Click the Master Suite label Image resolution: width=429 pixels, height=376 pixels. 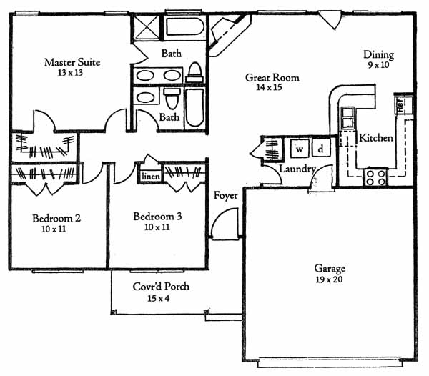[x=72, y=62]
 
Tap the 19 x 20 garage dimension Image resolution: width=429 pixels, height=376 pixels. [x=329, y=279]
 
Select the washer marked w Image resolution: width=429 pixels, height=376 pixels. [x=300, y=149]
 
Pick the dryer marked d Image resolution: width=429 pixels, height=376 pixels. [x=321, y=148]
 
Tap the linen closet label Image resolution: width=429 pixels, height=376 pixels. [x=151, y=177]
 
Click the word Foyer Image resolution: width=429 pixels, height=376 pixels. [x=225, y=196]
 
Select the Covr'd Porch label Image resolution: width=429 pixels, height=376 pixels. [x=161, y=287]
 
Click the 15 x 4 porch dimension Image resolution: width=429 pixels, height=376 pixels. [x=159, y=298]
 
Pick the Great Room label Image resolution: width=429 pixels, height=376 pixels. [x=272, y=78]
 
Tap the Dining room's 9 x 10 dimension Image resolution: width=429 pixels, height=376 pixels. [x=378, y=65]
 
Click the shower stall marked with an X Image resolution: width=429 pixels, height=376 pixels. [x=147, y=28]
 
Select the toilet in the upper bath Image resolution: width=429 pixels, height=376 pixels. [x=194, y=72]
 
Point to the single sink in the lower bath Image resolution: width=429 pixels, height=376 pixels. [x=145, y=97]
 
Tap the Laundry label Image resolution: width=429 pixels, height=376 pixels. [x=297, y=169]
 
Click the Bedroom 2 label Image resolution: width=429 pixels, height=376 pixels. [x=56, y=218]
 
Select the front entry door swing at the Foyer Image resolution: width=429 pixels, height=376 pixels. [x=225, y=224]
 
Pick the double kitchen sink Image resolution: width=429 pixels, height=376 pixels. [x=347, y=117]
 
